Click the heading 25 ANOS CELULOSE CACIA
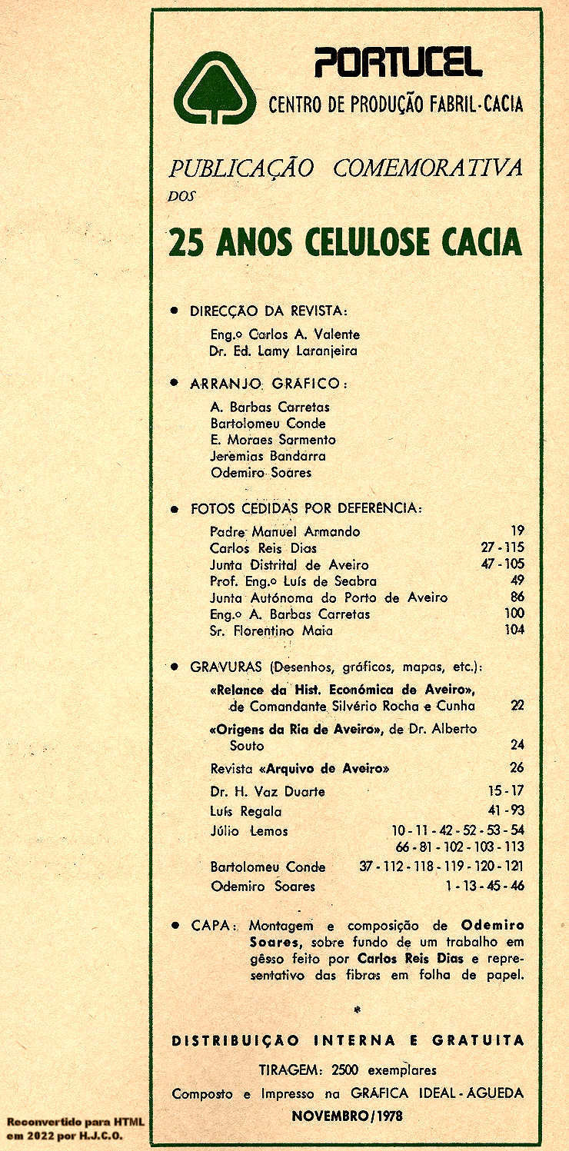(344, 242)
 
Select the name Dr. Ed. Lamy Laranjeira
(283, 351)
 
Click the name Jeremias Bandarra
(268, 456)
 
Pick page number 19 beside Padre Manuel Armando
(517, 531)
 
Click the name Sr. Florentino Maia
(271, 631)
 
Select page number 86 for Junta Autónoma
(517, 597)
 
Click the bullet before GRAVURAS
(175, 666)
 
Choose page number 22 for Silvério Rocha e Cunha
(517, 706)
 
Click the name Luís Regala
(246, 811)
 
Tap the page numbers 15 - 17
(506, 791)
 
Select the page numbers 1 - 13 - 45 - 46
(484, 887)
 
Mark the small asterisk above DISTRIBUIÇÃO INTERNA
(355, 1008)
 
